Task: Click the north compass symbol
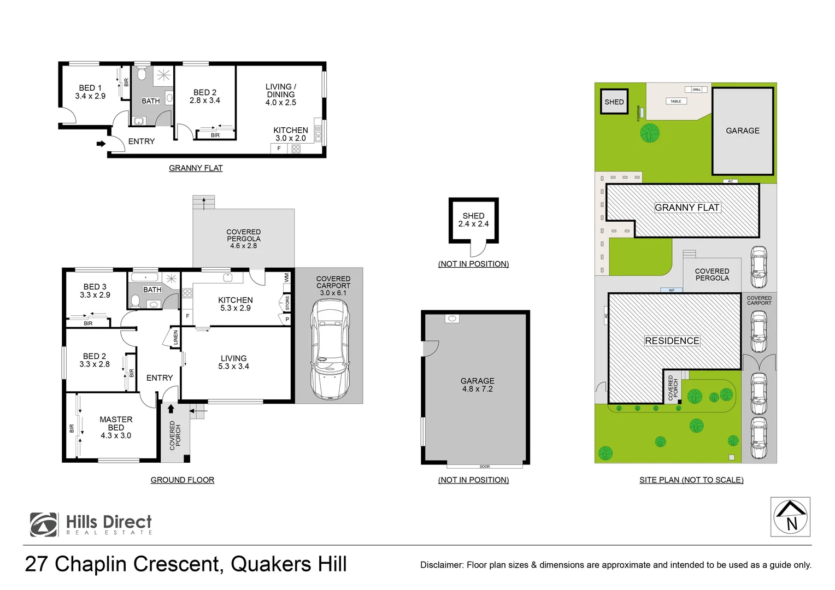pyautogui.click(x=790, y=517)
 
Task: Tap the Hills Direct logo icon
pyautogui.click(x=44, y=524)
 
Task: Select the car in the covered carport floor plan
pyautogui.click(x=329, y=350)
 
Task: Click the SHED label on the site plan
pyautogui.click(x=614, y=102)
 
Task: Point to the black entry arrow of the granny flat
pyautogui.click(x=101, y=144)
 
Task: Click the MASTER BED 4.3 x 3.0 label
pyautogui.click(x=116, y=427)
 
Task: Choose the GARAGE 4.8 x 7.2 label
pyautogui.click(x=477, y=385)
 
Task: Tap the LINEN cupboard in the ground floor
pyautogui.click(x=175, y=337)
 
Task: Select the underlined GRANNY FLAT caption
pyautogui.click(x=196, y=168)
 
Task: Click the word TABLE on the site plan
pyautogui.click(x=676, y=101)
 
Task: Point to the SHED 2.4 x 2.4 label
pyautogui.click(x=473, y=220)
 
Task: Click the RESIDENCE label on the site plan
pyautogui.click(x=672, y=341)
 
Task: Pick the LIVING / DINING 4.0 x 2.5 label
pyautogui.click(x=281, y=95)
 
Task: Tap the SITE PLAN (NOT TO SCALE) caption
pyautogui.click(x=691, y=480)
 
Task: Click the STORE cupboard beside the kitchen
pyautogui.click(x=287, y=302)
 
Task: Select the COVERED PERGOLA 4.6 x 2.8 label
pyautogui.click(x=244, y=239)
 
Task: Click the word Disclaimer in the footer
pyautogui.click(x=441, y=565)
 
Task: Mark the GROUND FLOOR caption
pyautogui.click(x=183, y=480)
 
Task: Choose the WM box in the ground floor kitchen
pyautogui.click(x=286, y=278)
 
